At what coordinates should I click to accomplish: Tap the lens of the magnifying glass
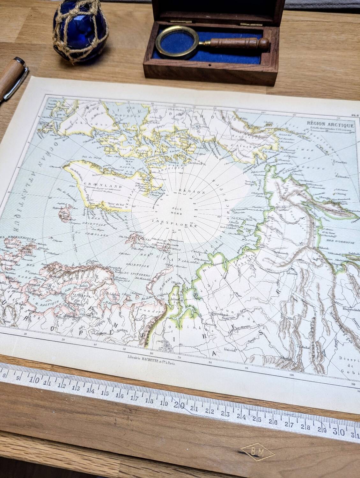(173, 42)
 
